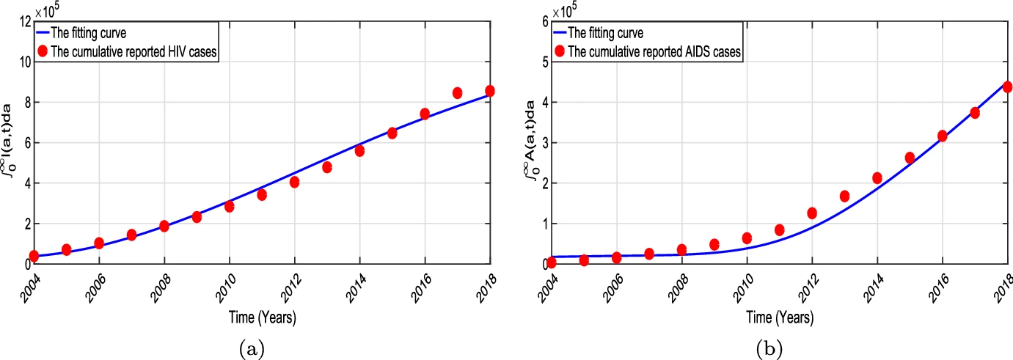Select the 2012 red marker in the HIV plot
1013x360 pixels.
click(x=294, y=182)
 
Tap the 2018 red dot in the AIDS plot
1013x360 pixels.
click(x=1007, y=87)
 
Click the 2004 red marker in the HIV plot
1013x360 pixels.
click(x=34, y=256)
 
